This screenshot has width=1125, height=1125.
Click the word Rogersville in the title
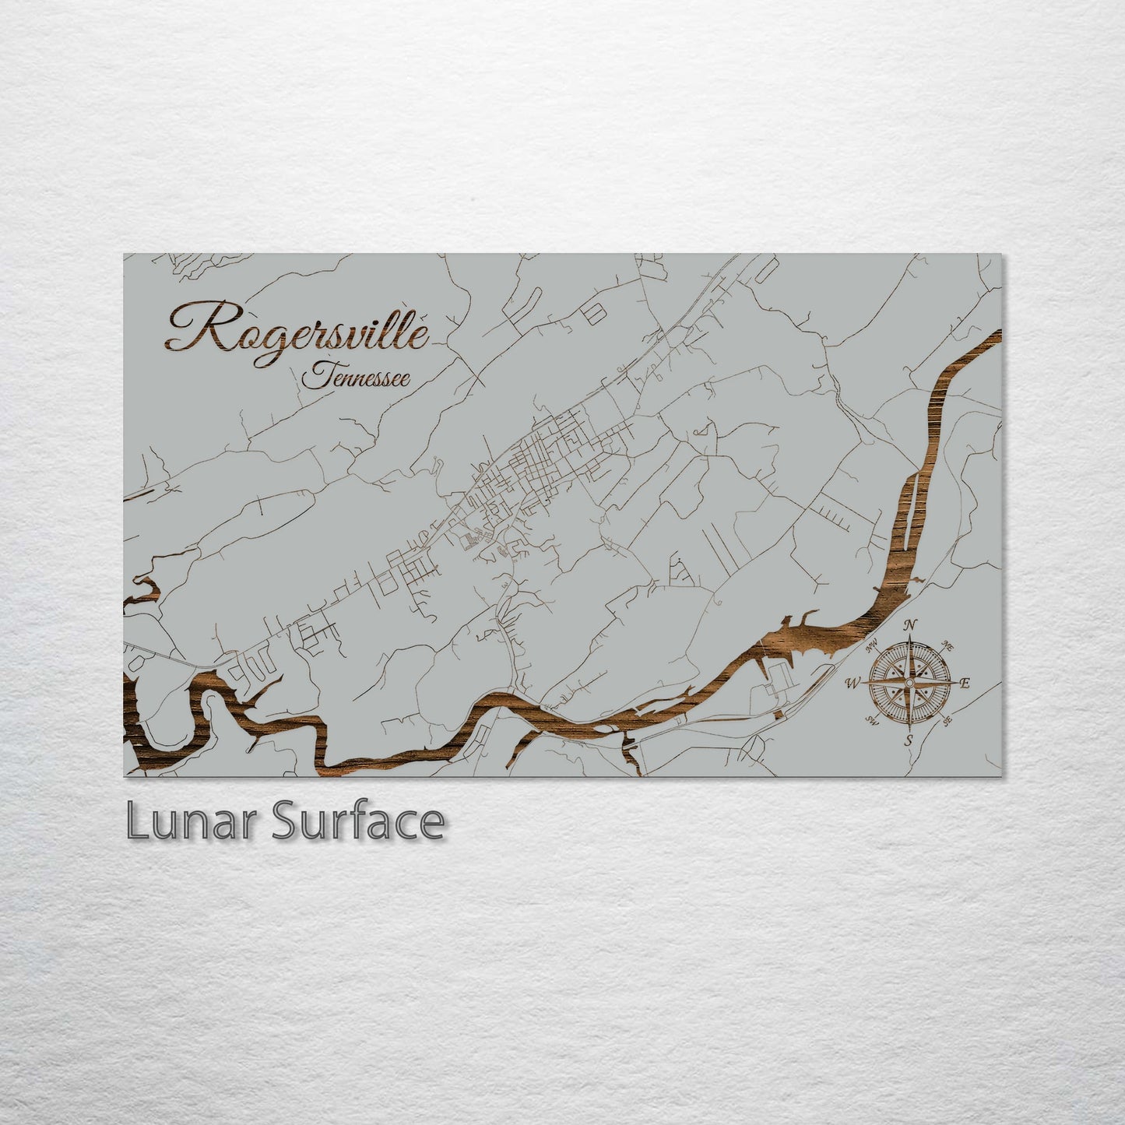pos(296,331)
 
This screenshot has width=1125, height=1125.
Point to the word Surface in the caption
pos(357,821)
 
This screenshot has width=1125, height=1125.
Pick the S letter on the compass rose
pos(908,740)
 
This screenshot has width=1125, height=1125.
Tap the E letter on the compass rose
pos(965,684)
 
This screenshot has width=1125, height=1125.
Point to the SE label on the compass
pos(947,721)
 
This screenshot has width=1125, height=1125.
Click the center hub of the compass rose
pos(908,683)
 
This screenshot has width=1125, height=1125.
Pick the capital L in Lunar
pos(137,821)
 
